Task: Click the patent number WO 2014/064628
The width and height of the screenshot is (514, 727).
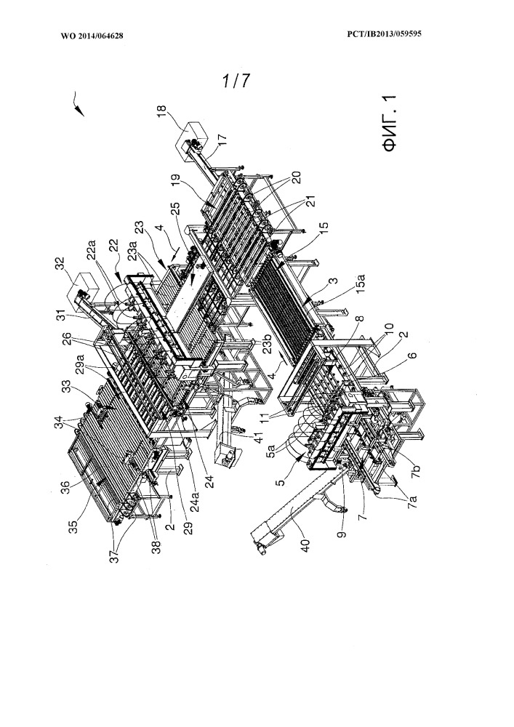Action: click(92, 36)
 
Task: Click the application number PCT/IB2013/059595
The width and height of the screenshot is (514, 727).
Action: click(384, 34)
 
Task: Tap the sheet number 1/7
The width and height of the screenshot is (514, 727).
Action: click(236, 81)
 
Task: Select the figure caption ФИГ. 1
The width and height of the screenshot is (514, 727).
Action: click(390, 123)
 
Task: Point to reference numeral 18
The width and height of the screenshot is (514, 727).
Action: click(161, 111)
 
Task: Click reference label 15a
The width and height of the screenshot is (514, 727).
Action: click(361, 284)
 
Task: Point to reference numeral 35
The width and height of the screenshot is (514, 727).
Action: click(73, 527)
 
